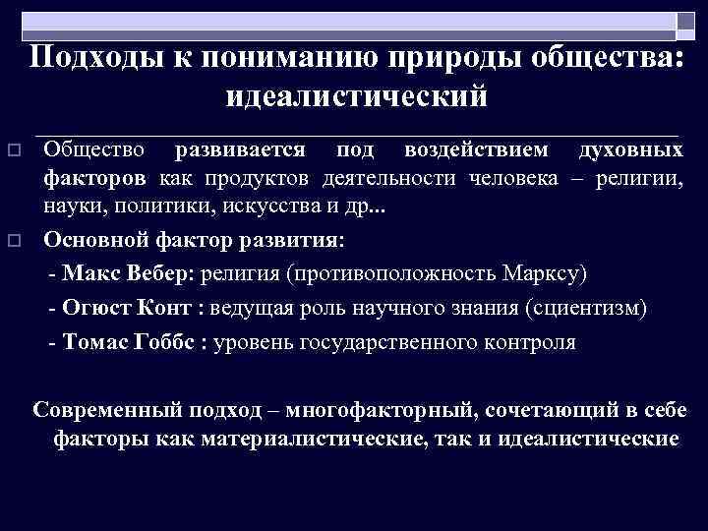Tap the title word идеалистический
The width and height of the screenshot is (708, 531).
357,95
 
